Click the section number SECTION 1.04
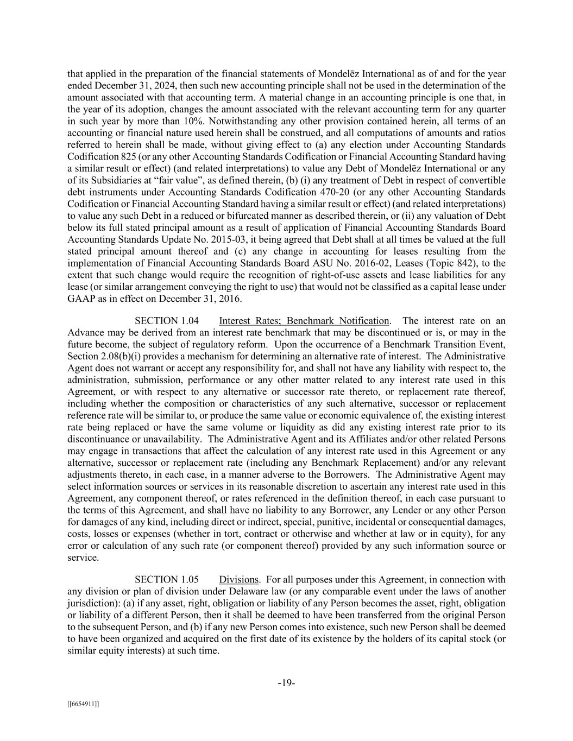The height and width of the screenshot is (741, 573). pyautogui.click(x=163, y=321)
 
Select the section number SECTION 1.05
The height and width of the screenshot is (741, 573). pyautogui.click(x=163, y=580)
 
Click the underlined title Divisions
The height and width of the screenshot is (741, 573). pyautogui.click(x=239, y=580)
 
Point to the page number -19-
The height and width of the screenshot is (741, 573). pyautogui.click(x=286, y=683)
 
